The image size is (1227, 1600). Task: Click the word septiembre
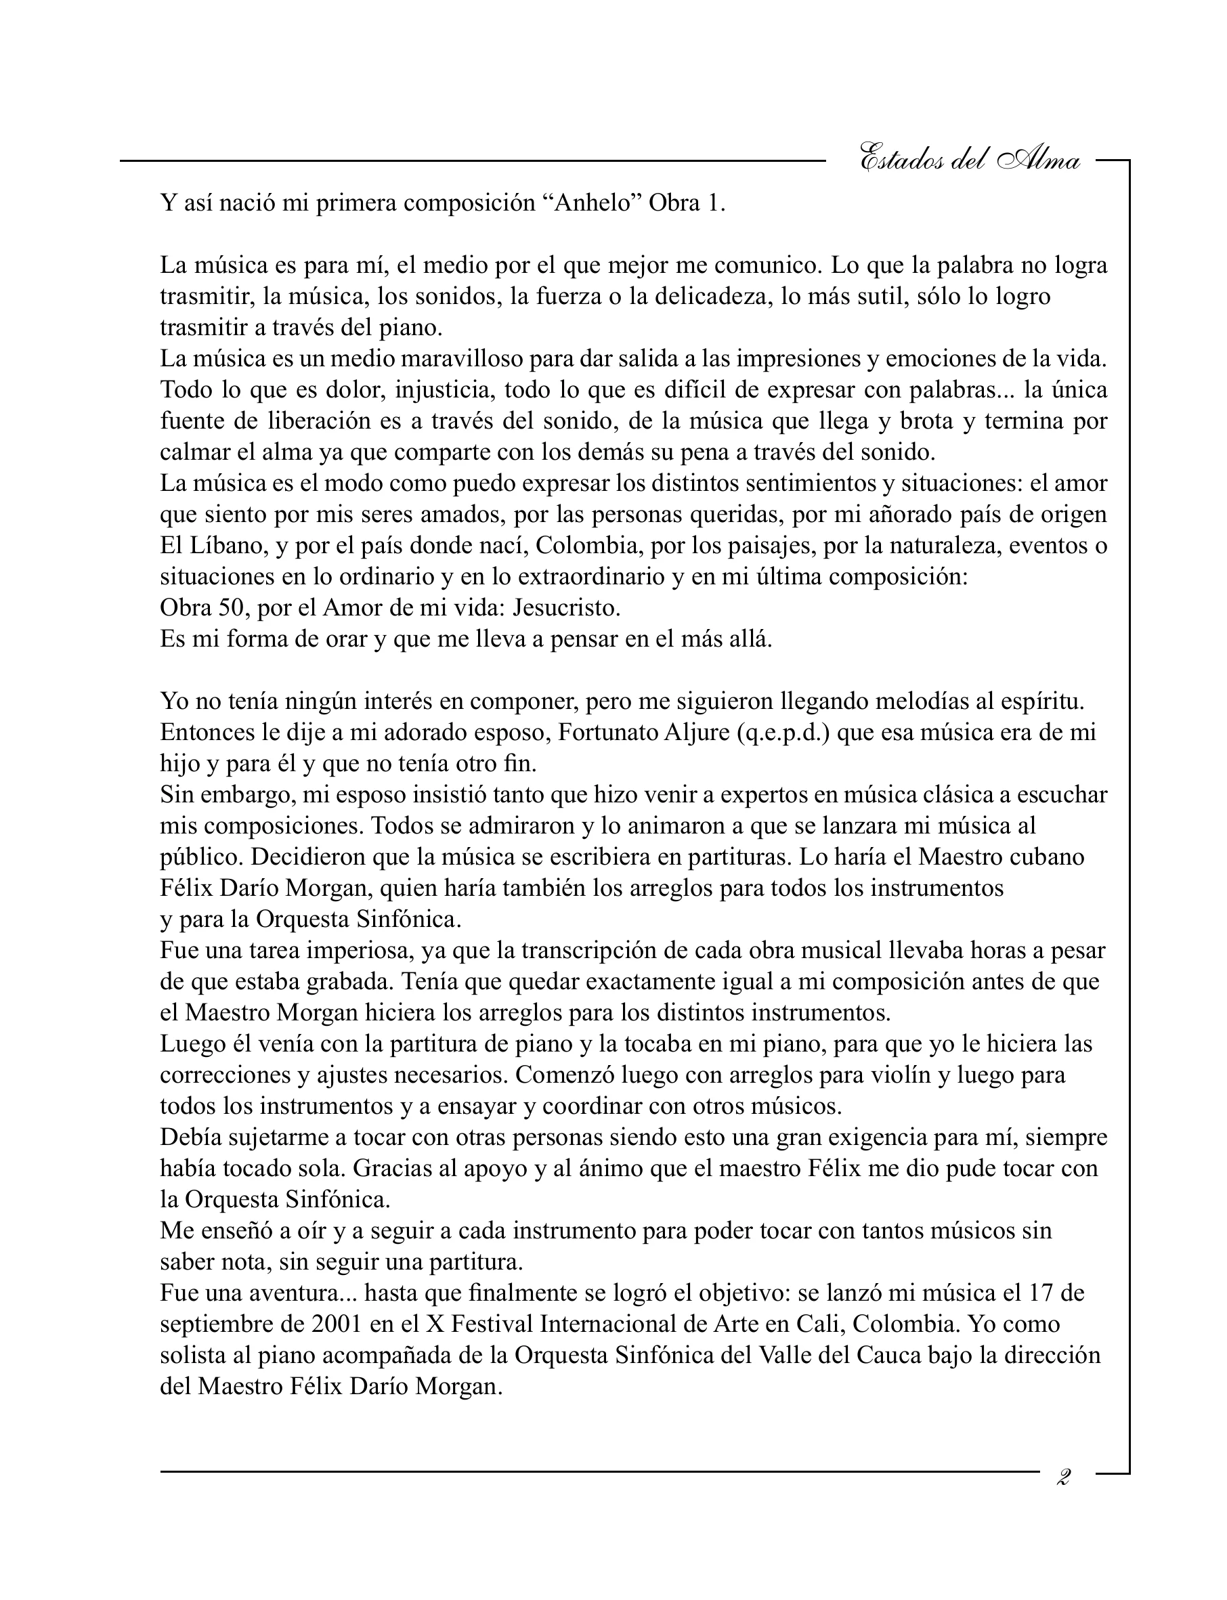[x=221, y=1323]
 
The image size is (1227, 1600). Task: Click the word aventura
[x=295, y=1293]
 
